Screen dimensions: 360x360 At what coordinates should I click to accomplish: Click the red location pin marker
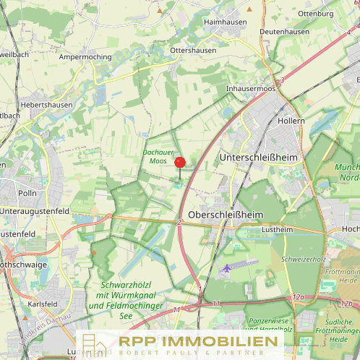[180, 163]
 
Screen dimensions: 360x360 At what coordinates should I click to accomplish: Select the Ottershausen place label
[193, 49]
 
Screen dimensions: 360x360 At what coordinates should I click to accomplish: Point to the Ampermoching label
[85, 56]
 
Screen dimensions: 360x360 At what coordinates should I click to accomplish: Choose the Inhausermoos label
[251, 88]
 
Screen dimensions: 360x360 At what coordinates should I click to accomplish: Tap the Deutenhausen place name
[284, 32]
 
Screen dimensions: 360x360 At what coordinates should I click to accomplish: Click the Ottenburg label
[315, 13]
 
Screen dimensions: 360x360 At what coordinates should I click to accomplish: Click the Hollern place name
[291, 120]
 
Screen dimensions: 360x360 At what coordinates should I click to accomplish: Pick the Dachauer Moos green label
[158, 156]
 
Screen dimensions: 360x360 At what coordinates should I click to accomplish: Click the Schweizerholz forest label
[305, 258]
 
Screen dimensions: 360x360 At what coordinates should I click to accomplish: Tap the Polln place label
[27, 194]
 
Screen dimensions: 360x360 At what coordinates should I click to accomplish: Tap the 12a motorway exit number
[299, 297]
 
